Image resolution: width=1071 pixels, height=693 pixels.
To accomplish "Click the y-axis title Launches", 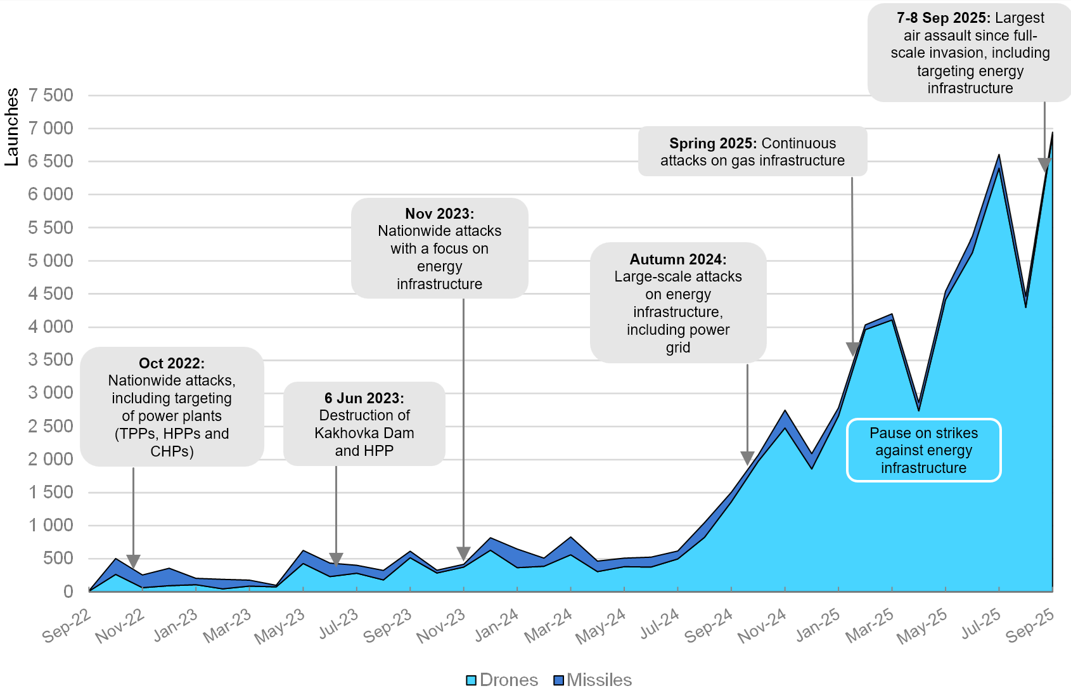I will (x=11, y=127).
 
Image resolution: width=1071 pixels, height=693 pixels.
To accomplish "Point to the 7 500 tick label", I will (x=51, y=95).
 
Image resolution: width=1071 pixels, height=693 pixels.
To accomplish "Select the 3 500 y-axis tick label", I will (x=51, y=359).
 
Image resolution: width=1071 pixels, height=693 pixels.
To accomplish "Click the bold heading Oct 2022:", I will (x=172, y=363).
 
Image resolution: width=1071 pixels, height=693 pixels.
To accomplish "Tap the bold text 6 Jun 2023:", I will (x=364, y=398).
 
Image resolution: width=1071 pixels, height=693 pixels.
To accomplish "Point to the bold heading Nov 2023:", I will (x=439, y=214).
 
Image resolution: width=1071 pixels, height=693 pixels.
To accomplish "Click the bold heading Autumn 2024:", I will (x=677, y=259).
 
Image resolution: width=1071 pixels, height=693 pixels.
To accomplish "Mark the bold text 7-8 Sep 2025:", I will (x=943, y=18).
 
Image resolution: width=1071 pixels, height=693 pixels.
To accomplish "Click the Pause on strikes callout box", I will (x=923, y=450).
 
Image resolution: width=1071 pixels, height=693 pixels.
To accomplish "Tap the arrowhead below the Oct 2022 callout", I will (x=133, y=561).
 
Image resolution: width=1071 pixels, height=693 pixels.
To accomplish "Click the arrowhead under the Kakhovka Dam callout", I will (x=336, y=559).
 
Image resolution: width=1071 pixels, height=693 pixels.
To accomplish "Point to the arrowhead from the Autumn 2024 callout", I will (x=747, y=458).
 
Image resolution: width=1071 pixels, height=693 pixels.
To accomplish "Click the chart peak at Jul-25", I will (x=999, y=155).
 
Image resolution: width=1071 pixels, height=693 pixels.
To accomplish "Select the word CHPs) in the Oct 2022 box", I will (x=172, y=451).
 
